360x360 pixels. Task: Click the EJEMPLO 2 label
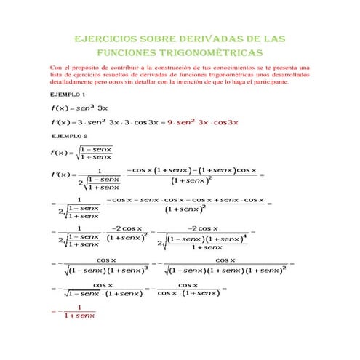click(x=68, y=136)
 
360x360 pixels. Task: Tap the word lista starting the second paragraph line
click(x=56, y=75)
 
